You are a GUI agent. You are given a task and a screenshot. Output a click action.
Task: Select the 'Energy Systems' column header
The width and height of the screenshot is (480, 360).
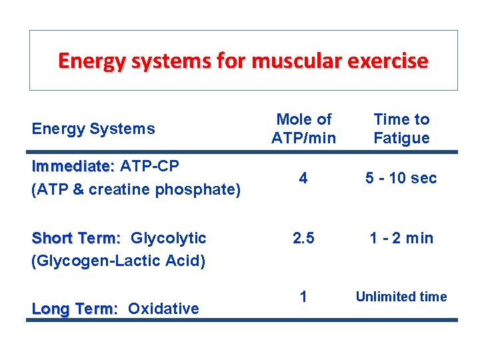pos(93,129)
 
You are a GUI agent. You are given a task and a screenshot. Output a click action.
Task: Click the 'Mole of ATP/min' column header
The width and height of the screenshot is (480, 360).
pos(303,129)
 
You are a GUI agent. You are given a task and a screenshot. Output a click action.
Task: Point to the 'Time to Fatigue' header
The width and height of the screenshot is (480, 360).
pos(401,129)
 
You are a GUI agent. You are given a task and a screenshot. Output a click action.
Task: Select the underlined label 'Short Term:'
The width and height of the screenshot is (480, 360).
pos(76,238)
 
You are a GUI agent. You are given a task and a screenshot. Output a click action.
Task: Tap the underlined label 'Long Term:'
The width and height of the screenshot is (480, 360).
pos(75,309)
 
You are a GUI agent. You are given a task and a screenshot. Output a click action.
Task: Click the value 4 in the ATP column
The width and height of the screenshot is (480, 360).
pos(303,178)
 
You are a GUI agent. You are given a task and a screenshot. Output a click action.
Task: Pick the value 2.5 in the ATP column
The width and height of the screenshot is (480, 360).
pos(303,238)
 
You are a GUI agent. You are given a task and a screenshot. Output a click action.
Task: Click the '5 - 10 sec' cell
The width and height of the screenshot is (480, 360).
pos(401,178)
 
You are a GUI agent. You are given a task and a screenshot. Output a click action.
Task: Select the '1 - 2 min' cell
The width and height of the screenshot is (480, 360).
pos(401,238)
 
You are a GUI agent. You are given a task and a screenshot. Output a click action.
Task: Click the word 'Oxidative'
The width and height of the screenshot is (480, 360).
pos(163,309)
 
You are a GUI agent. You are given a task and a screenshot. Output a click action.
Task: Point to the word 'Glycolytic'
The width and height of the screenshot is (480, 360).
pos(169,238)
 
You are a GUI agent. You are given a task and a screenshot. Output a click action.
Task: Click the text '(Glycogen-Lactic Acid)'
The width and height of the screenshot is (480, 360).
pos(118,260)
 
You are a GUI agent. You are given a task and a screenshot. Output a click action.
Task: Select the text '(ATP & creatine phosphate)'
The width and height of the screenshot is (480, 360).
pos(136,190)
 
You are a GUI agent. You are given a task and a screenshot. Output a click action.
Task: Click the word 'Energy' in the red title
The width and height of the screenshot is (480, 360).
pos(91,61)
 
